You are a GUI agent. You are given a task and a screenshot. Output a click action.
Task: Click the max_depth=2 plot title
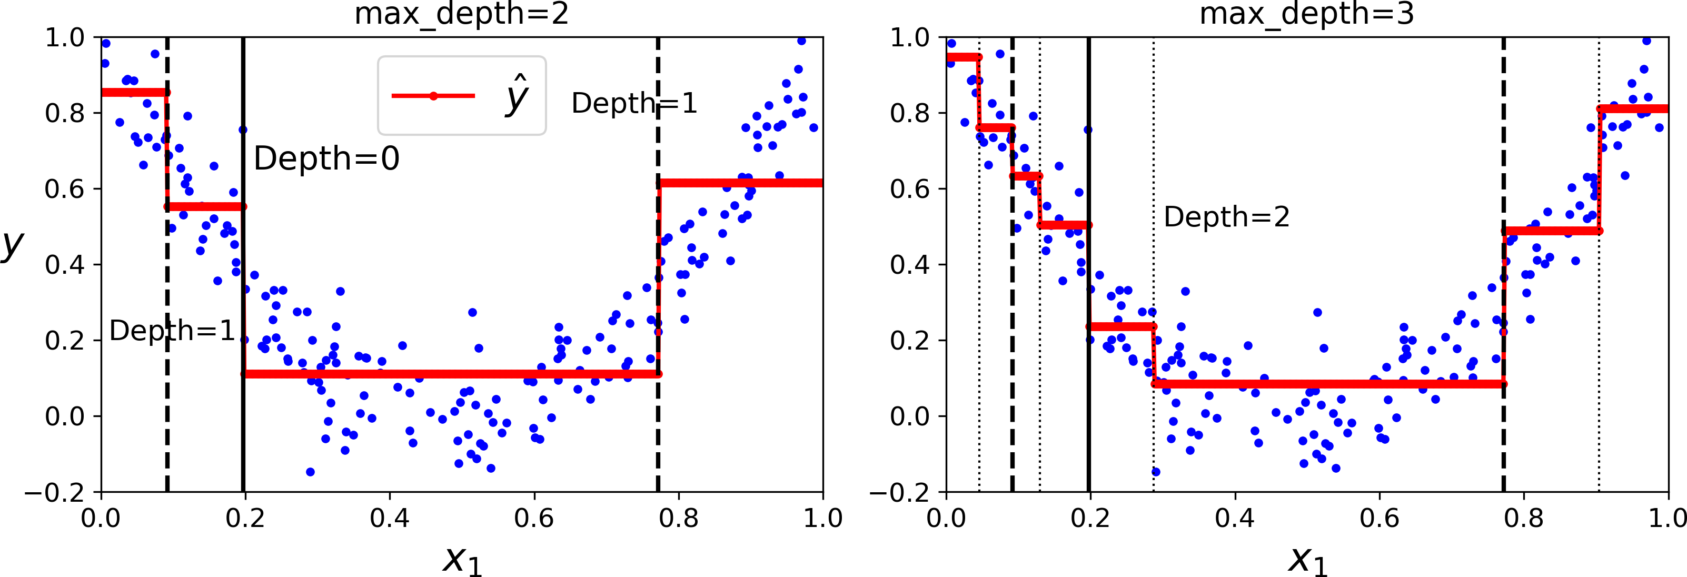[x=461, y=14]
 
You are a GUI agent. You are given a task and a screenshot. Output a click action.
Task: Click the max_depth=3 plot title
[x=1306, y=14]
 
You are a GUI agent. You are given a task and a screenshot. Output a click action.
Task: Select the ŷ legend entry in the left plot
[x=461, y=96]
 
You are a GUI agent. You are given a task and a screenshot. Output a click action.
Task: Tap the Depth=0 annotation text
[x=326, y=158]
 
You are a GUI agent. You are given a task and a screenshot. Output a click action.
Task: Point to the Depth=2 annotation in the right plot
[x=1226, y=217]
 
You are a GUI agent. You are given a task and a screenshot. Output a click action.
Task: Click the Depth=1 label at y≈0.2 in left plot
[x=172, y=331]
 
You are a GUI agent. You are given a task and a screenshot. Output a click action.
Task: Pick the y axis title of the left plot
[x=12, y=244]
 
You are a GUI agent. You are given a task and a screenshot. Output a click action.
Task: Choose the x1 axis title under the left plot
[x=462, y=559]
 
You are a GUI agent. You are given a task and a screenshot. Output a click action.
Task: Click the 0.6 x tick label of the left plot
[x=534, y=519]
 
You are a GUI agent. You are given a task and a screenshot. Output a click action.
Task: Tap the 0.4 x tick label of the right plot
[x=1235, y=519]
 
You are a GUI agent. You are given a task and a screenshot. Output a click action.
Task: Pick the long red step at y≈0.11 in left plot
[x=452, y=374]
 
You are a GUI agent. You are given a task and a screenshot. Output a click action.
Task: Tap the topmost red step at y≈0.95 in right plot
[x=962, y=57]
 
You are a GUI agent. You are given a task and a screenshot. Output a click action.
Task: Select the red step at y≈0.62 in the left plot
[x=740, y=183]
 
